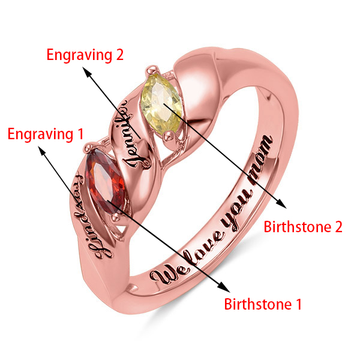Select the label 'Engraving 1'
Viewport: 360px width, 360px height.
tap(45, 134)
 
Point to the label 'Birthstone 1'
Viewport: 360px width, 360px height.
tap(263, 304)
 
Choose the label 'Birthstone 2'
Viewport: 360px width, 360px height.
tap(303, 227)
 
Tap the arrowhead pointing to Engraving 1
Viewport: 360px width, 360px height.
tap(43, 152)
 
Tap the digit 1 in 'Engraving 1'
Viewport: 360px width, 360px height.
tap(80, 134)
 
